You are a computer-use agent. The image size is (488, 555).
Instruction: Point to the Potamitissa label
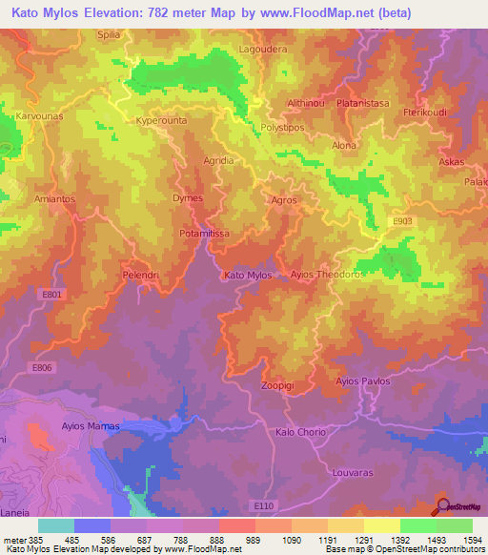(204, 232)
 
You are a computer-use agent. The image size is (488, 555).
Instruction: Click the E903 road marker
(376, 220)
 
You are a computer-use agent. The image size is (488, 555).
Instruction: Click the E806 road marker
(41, 367)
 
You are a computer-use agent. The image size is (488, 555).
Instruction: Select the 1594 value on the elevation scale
(460, 539)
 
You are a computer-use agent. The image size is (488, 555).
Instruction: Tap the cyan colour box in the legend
(56, 525)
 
